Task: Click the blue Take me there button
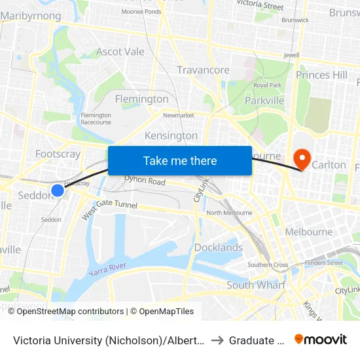(x=180, y=160)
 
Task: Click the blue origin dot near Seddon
(x=58, y=190)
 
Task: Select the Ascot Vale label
(x=120, y=52)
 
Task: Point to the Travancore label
(x=203, y=69)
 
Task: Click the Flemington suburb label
(x=142, y=99)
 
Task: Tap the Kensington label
(x=170, y=135)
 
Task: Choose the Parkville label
(x=264, y=100)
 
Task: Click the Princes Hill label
(x=322, y=75)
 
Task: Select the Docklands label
(x=219, y=247)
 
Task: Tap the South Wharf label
(x=256, y=285)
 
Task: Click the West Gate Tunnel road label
(x=109, y=209)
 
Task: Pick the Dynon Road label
(x=145, y=181)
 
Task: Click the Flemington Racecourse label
(x=96, y=118)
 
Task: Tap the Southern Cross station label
(x=268, y=265)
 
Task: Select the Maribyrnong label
(x=31, y=16)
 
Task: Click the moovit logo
(x=321, y=339)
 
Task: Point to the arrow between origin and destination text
(x=217, y=340)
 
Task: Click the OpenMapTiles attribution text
(x=162, y=312)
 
